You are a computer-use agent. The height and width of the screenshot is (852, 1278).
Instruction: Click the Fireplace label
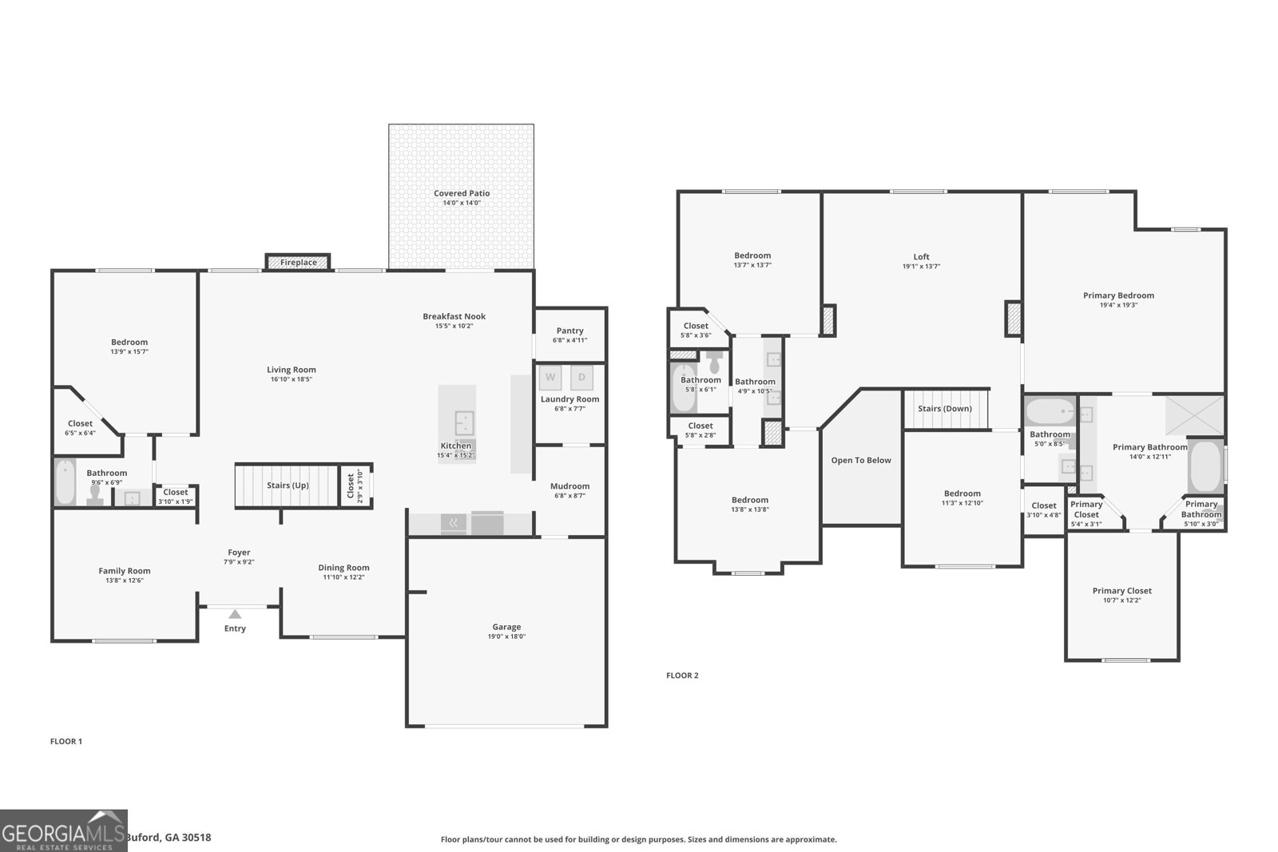click(298, 262)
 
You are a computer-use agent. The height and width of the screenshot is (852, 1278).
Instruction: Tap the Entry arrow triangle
click(235, 614)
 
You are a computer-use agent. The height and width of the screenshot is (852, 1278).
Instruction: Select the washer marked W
click(550, 378)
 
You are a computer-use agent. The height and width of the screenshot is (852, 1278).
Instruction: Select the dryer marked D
click(581, 378)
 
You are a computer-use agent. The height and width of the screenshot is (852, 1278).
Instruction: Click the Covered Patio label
click(462, 193)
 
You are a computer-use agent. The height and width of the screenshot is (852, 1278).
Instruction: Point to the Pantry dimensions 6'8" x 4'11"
click(570, 340)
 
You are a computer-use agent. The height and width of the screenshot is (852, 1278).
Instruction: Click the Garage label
click(506, 627)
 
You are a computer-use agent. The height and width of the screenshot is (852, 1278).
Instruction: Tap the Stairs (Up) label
click(288, 485)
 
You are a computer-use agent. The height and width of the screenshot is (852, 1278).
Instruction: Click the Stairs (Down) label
click(945, 408)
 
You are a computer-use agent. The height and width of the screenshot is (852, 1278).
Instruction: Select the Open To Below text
click(861, 460)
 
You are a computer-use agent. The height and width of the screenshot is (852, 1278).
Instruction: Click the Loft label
click(921, 257)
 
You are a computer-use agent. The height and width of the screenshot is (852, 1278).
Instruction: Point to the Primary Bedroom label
click(1118, 295)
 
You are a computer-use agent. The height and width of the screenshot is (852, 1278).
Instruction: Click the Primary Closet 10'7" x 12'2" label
click(1122, 591)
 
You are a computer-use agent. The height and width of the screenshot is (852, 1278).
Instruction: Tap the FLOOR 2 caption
click(682, 676)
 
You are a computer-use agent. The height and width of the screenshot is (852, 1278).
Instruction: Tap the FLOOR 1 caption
click(66, 741)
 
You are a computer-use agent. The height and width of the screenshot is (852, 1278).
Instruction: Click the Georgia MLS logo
click(64, 830)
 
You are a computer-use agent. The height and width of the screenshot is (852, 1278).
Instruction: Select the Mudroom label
click(570, 486)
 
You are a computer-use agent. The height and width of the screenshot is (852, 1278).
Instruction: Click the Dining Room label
click(343, 568)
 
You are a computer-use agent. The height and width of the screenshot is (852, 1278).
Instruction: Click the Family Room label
click(125, 571)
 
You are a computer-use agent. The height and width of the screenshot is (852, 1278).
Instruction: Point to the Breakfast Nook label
click(454, 316)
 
